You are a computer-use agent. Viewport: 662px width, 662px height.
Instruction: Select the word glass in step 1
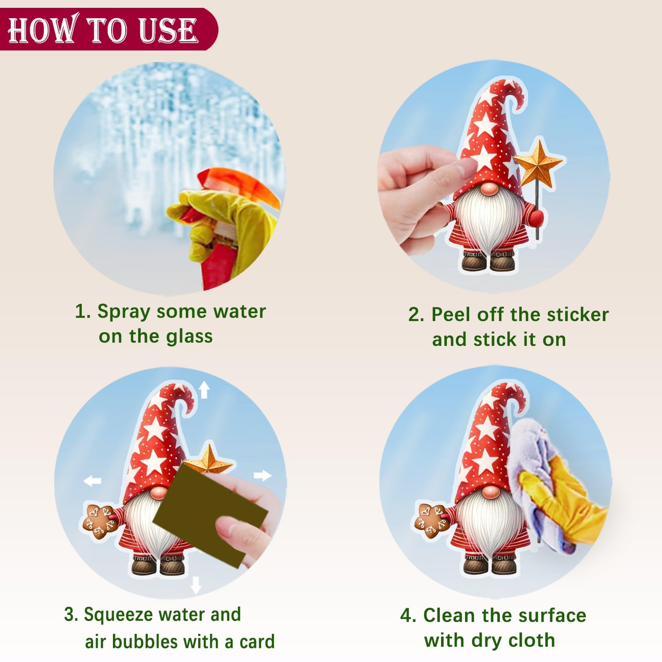click(189, 337)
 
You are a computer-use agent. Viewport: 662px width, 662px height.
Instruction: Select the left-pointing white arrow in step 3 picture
click(92, 480)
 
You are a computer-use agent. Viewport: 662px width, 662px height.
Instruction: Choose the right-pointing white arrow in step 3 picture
click(262, 475)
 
